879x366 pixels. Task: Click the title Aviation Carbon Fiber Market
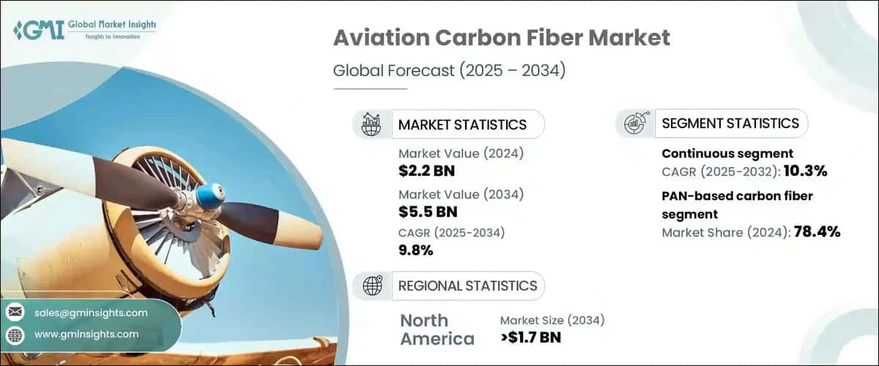click(501, 38)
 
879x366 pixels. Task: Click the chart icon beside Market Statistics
click(371, 124)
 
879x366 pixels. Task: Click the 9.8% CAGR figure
click(416, 251)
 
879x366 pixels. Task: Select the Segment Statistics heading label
click(730, 124)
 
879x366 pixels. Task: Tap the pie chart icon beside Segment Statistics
click(634, 124)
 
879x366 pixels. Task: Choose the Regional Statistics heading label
click(467, 285)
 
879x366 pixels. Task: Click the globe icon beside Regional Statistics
click(372, 285)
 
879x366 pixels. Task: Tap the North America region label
click(437, 329)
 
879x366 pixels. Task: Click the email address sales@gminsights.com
click(91, 313)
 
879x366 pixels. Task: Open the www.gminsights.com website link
click(86, 334)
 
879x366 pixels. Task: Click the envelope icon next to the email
click(15, 313)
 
